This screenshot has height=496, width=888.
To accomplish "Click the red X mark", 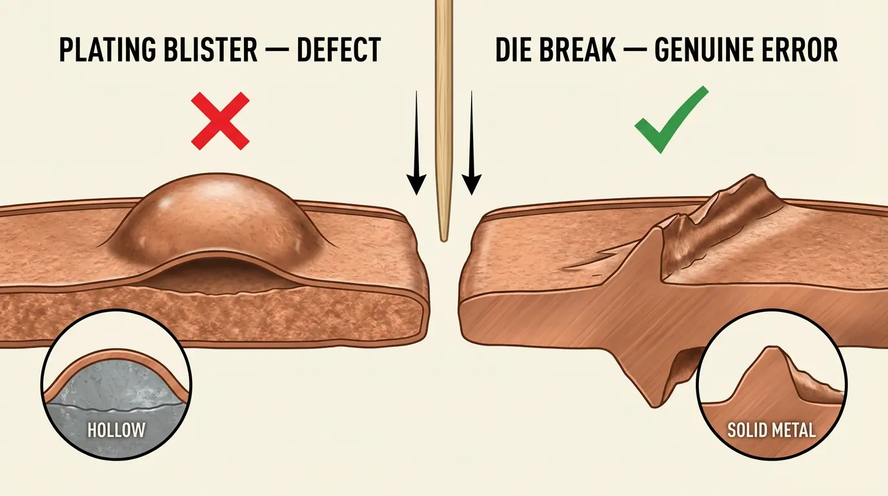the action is click(x=220, y=121).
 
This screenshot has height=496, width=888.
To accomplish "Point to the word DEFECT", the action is click(x=339, y=50).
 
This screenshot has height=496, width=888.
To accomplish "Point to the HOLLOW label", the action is click(x=116, y=430).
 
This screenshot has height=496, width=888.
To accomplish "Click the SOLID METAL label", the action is click(x=771, y=430).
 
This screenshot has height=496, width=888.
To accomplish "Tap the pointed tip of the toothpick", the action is click(x=444, y=240).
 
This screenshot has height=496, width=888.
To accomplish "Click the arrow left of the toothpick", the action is click(x=416, y=143).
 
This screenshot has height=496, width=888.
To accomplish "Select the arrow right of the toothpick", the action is click(x=471, y=143).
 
